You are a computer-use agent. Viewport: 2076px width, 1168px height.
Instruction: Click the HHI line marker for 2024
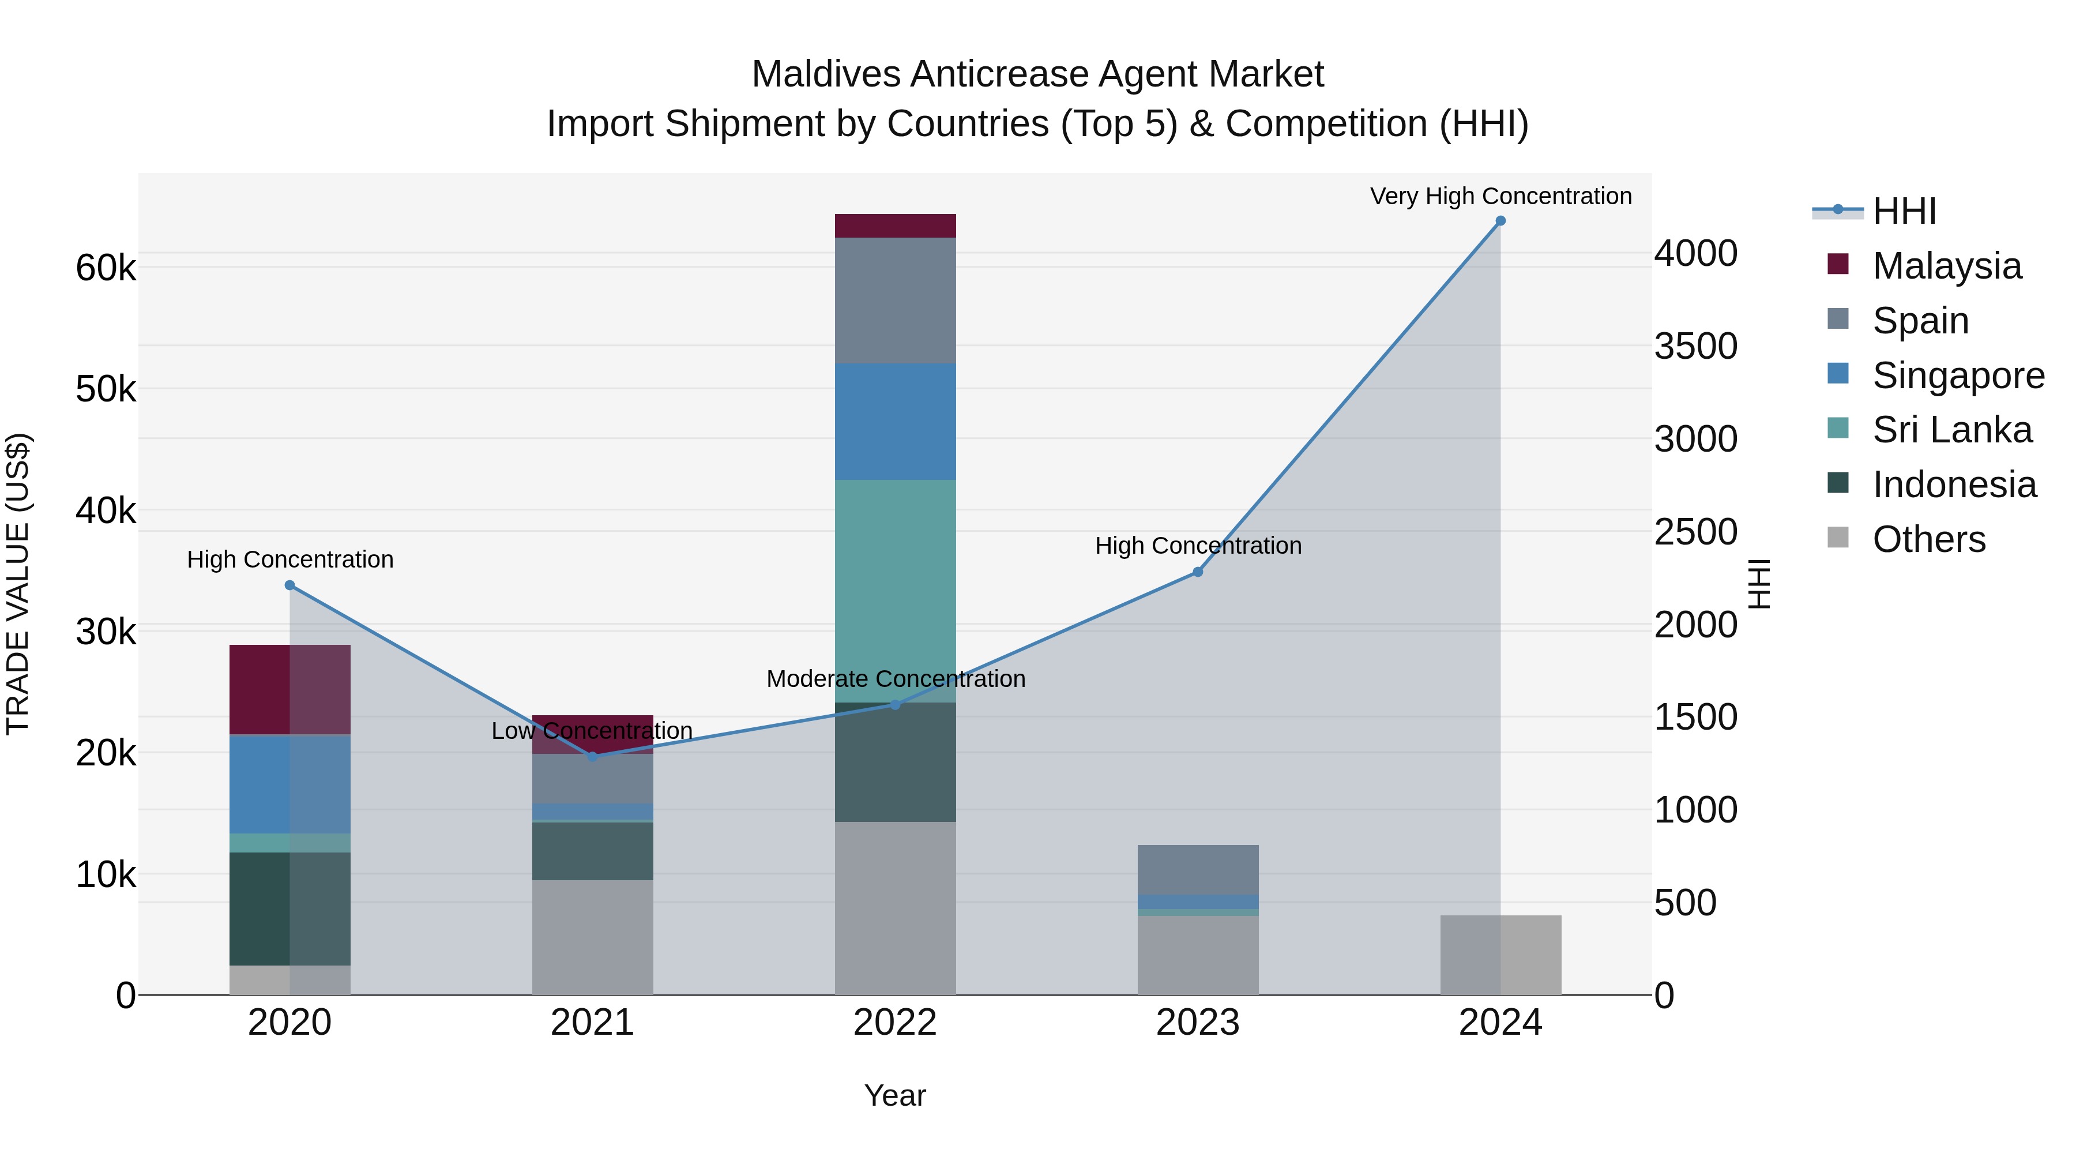pos(1500,221)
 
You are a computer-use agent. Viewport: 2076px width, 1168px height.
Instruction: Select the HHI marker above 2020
pos(290,585)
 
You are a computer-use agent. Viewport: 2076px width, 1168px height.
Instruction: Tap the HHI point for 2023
pos(1198,572)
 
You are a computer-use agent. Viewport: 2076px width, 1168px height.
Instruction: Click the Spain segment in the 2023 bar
pos(1198,870)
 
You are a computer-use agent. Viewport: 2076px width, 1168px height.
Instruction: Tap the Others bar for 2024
pos(1500,955)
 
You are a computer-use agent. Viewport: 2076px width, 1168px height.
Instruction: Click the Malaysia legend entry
pos(1946,266)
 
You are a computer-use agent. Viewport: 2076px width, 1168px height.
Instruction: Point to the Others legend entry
pos(1928,539)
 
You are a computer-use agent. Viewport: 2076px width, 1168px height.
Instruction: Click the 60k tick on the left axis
pos(106,268)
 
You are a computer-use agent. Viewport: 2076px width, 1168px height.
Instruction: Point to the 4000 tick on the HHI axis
pos(1695,253)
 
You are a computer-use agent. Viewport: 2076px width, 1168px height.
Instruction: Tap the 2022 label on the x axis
pos(894,1023)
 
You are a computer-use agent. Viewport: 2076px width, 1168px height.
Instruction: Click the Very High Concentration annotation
pos(1500,196)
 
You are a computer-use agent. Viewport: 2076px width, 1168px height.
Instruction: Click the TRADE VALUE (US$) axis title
pos(18,584)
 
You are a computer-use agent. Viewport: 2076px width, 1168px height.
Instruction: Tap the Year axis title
pos(894,1095)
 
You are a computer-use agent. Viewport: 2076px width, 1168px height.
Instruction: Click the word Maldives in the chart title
pos(825,74)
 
